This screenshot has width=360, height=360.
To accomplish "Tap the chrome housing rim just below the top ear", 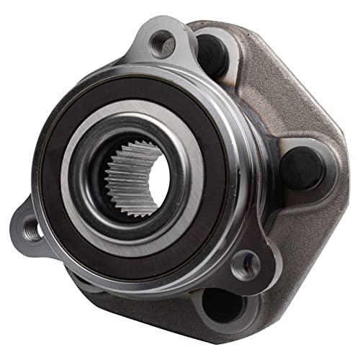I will [x=173, y=76].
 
